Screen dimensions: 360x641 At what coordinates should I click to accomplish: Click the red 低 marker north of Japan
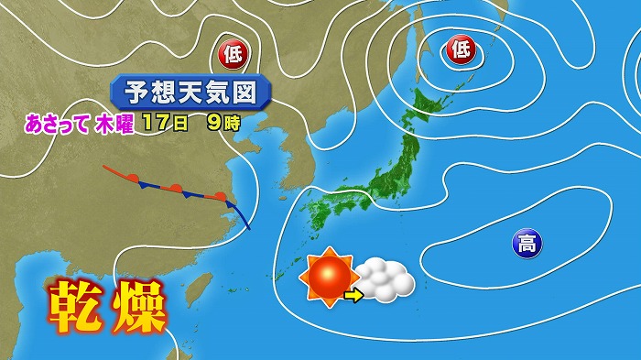(x=461, y=50)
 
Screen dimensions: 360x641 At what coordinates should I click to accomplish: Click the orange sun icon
(x=331, y=277)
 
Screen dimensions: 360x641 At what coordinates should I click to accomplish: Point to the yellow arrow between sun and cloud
(x=353, y=294)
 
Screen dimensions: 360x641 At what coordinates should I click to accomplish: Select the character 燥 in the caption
(x=138, y=307)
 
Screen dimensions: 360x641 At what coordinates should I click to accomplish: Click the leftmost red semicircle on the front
(x=134, y=177)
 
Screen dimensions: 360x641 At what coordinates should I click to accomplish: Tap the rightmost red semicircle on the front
(x=220, y=195)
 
